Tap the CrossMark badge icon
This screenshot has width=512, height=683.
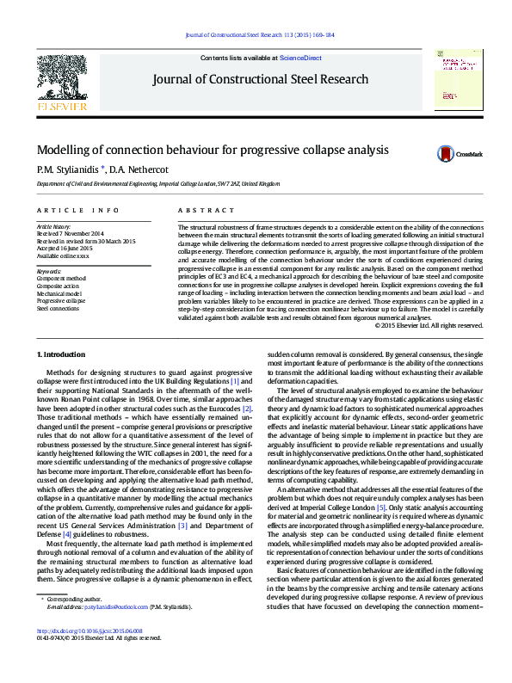pos(446,154)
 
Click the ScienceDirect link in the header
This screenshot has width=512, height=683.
pos(300,58)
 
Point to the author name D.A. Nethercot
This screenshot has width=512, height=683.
pos(138,169)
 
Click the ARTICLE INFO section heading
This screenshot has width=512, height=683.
pos(77,211)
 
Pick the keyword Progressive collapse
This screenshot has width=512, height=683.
pos(61,301)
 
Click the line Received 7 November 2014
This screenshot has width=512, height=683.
pos(71,234)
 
